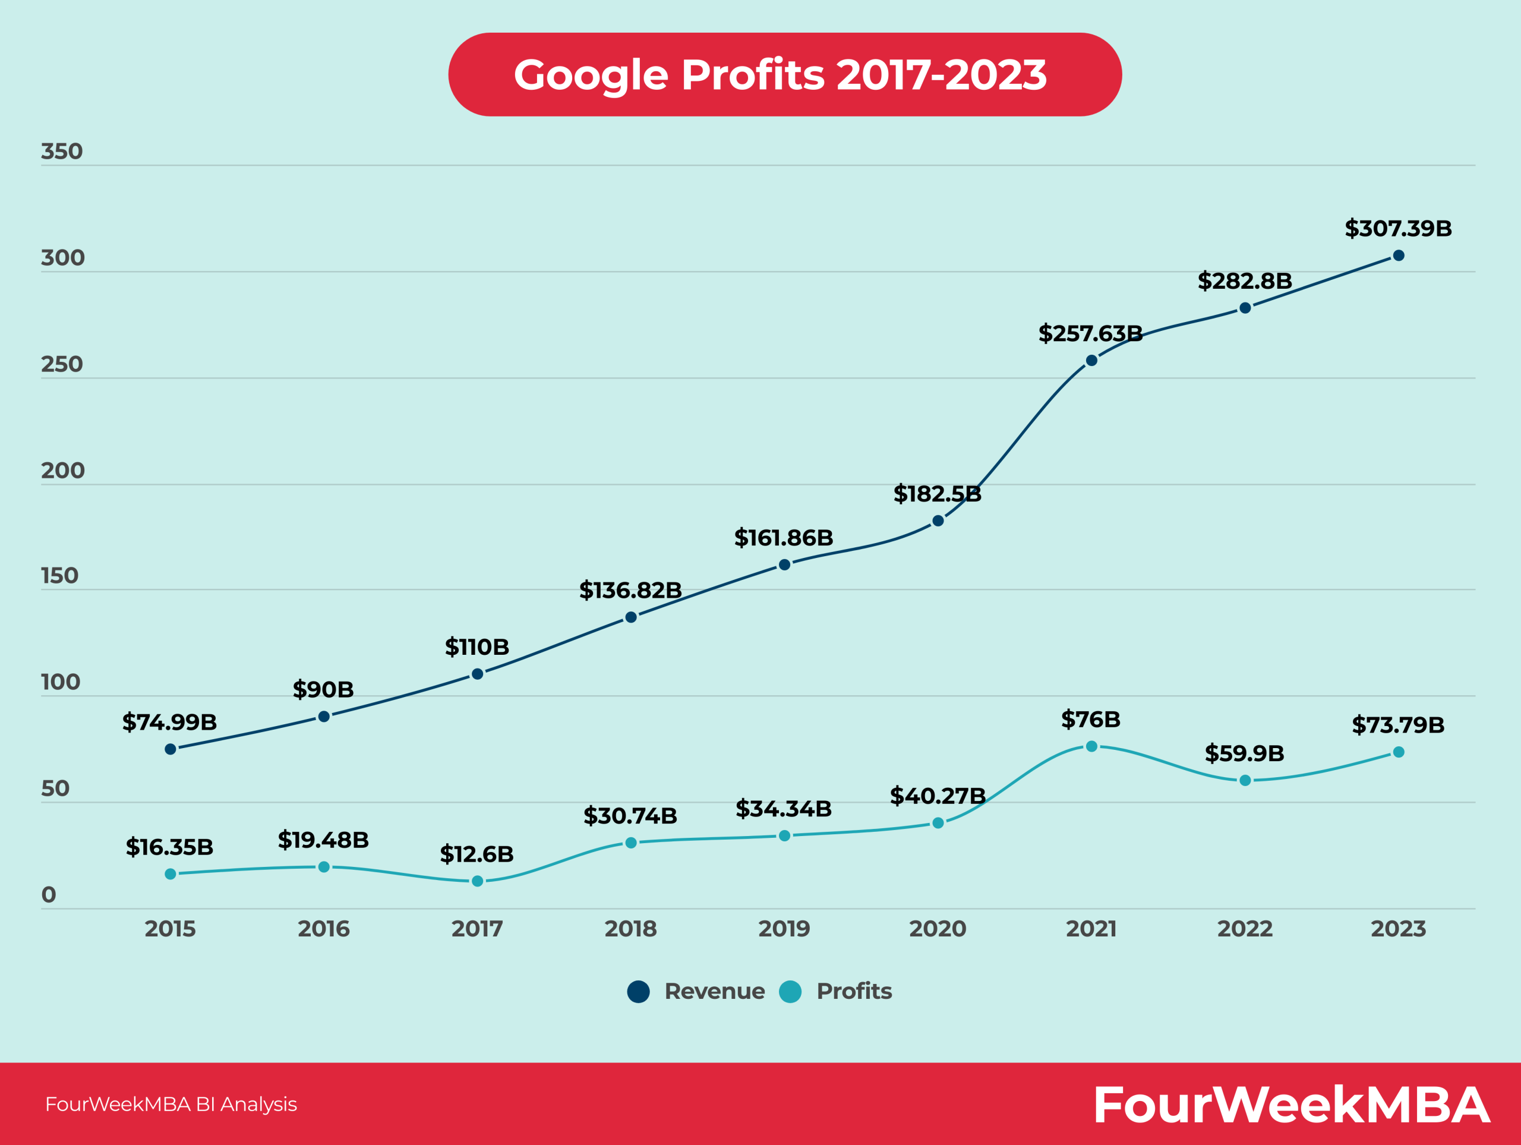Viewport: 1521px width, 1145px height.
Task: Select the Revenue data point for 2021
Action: point(1091,360)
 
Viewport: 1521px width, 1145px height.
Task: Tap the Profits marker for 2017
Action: point(477,881)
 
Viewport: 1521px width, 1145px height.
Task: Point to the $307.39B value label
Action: point(1398,228)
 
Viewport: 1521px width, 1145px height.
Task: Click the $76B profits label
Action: point(1091,720)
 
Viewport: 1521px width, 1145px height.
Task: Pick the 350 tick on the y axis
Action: point(61,152)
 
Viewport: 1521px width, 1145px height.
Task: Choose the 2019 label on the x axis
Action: point(784,929)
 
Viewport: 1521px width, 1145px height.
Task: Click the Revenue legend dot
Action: point(638,991)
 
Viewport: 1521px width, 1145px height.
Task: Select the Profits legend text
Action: point(853,991)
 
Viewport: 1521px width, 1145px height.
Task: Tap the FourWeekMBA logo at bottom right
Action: point(1291,1105)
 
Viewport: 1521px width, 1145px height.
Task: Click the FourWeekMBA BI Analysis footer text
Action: point(171,1105)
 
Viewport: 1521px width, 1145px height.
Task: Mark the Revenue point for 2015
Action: point(171,749)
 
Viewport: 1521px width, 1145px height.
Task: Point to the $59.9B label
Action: point(1244,753)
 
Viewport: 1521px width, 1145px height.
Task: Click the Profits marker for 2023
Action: point(1398,752)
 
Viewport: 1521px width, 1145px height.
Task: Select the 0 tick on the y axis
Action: point(48,895)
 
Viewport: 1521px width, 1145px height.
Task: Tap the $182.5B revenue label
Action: point(937,494)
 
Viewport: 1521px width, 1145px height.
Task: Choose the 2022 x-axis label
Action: point(1245,929)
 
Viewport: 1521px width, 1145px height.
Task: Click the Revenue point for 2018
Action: point(630,617)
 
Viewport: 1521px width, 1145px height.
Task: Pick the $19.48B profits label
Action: point(323,840)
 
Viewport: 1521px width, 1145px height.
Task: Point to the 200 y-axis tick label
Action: point(62,471)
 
